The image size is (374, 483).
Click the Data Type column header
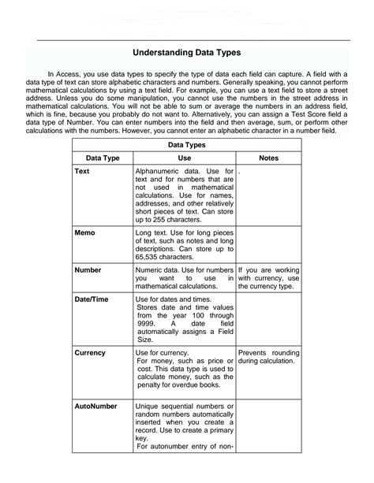(x=103, y=158)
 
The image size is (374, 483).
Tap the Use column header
(x=185, y=158)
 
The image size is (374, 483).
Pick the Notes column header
(x=269, y=158)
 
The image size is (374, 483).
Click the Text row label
(x=82, y=170)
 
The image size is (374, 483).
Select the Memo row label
(x=85, y=234)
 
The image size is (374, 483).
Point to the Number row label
(x=88, y=269)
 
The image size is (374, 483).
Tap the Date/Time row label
(x=92, y=299)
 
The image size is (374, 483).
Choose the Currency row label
(x=90, y=352)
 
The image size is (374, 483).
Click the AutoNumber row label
(x=95, y=407)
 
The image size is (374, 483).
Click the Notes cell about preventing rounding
(x=269, y=357)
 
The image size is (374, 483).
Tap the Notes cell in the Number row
(x=269, y=277)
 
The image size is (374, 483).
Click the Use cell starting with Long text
(x=185, y=245)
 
